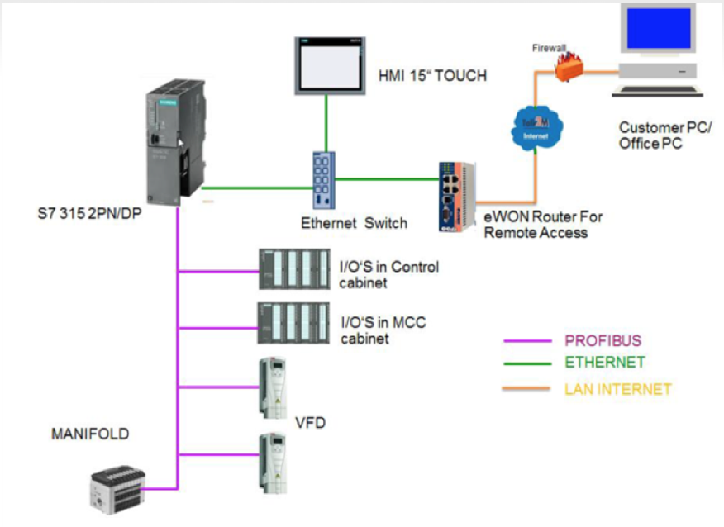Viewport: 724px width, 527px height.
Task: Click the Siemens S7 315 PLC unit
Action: coord(174,141)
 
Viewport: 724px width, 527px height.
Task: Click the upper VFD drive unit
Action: coord(272,388)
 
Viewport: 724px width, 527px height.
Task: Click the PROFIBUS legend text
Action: coord(603,340)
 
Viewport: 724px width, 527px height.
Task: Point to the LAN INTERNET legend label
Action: coord(617,388)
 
